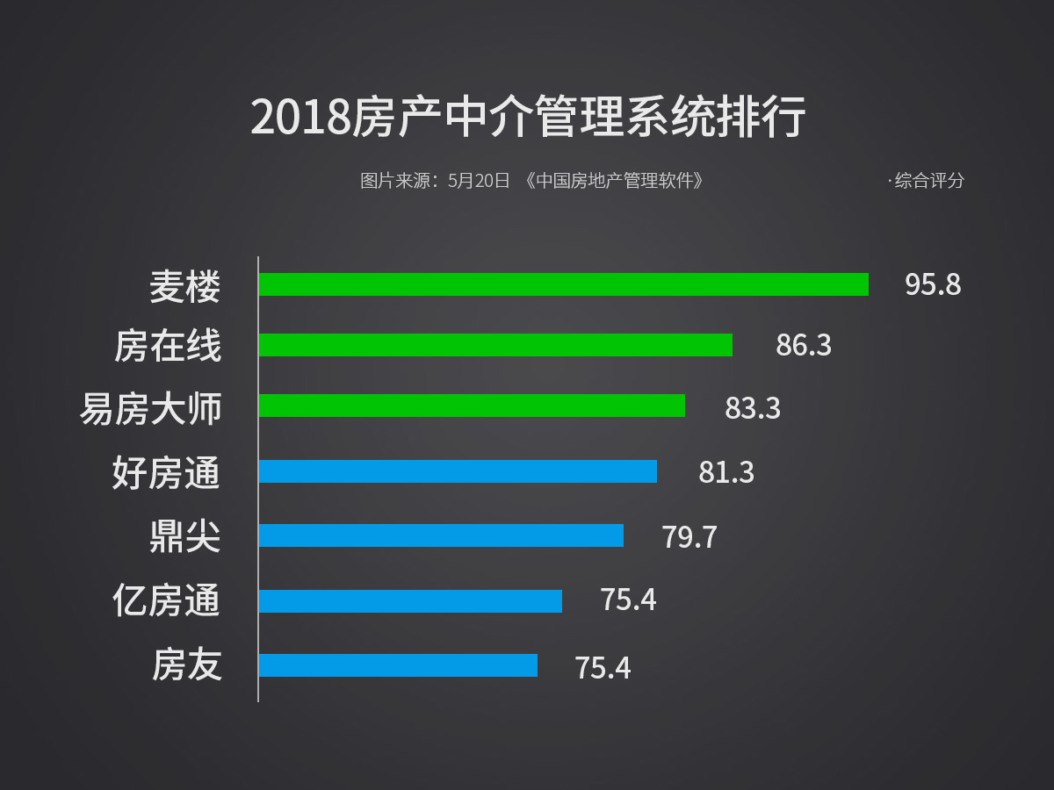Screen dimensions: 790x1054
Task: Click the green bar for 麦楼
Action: [x=563, y=284]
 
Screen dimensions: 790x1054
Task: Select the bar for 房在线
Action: [x=495, y=345]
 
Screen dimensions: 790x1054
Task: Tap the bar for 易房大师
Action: [x=472, y=406]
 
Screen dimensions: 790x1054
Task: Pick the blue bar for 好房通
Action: [x=458, y=471]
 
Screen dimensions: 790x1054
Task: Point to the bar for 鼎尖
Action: [x=441, y=535]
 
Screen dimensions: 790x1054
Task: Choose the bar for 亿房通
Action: [x=410, y=601]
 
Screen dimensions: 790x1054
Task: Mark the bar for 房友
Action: [x=398, y=665]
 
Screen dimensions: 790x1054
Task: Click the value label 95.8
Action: [x=933, y=285]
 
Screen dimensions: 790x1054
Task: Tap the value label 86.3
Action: [x=803, y=345]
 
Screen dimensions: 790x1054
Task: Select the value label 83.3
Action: [x=752, y=408]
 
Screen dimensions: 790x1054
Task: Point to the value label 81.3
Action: [x=726, y=472]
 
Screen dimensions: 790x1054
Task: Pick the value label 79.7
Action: [x=689, y=536]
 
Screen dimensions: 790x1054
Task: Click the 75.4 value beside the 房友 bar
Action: [x=603, y=668]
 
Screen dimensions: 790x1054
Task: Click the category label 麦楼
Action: [x=184, y=286]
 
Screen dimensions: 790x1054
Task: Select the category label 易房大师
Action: [x=151, y=409]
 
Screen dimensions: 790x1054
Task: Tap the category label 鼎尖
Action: [x=184, y=536]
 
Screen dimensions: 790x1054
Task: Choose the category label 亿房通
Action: [x=167, y=601]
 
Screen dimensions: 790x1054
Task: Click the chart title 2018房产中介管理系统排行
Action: [x=527, y=118]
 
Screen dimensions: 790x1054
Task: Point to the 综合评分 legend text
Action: [x=929, y=181]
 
